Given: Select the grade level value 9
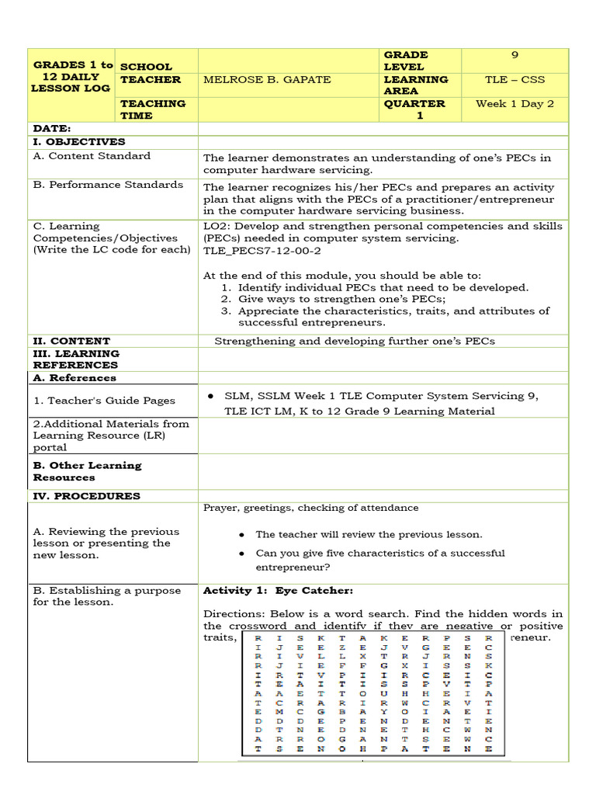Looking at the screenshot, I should (515, 55).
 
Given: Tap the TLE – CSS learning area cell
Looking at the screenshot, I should (515, 80).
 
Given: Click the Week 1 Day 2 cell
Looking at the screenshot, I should (515, 104).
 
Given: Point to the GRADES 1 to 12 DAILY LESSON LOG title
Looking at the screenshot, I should (73, 77).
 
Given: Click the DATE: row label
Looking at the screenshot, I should (52, 128).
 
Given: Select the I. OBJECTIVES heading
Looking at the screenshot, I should (78, 142).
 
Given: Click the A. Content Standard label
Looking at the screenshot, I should (92, 156).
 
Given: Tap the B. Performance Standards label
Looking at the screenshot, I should (108, 185).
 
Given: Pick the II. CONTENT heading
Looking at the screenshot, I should (71, 341).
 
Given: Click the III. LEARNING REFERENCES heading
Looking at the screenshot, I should (76, 359).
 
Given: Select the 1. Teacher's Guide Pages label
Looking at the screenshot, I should (104, 401).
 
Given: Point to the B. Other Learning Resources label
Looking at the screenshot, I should (87, 471).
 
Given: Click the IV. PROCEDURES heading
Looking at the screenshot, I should (86, 496).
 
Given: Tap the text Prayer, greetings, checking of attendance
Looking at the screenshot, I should (310, 509).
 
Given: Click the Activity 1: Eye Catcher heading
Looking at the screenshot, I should (278, 591).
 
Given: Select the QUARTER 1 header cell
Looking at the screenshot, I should (414, 109).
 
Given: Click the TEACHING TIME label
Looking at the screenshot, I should (153, 109).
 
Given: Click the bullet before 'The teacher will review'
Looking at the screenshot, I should (242, 535).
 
